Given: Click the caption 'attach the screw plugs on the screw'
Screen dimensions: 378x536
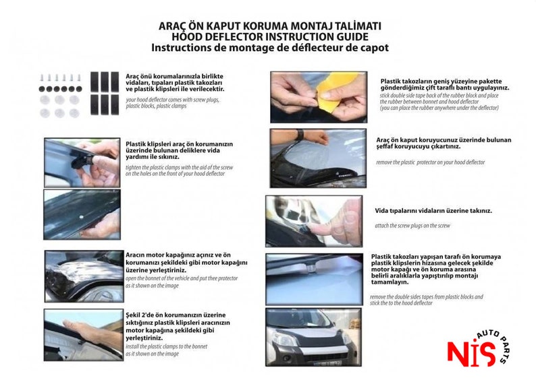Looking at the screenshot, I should (411, 226).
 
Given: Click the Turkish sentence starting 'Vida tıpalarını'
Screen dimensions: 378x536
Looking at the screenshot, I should (433, 211).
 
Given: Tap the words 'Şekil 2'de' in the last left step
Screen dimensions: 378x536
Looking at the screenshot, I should (140, 315).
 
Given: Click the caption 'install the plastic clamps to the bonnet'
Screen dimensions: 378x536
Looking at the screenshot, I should (167, 346).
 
